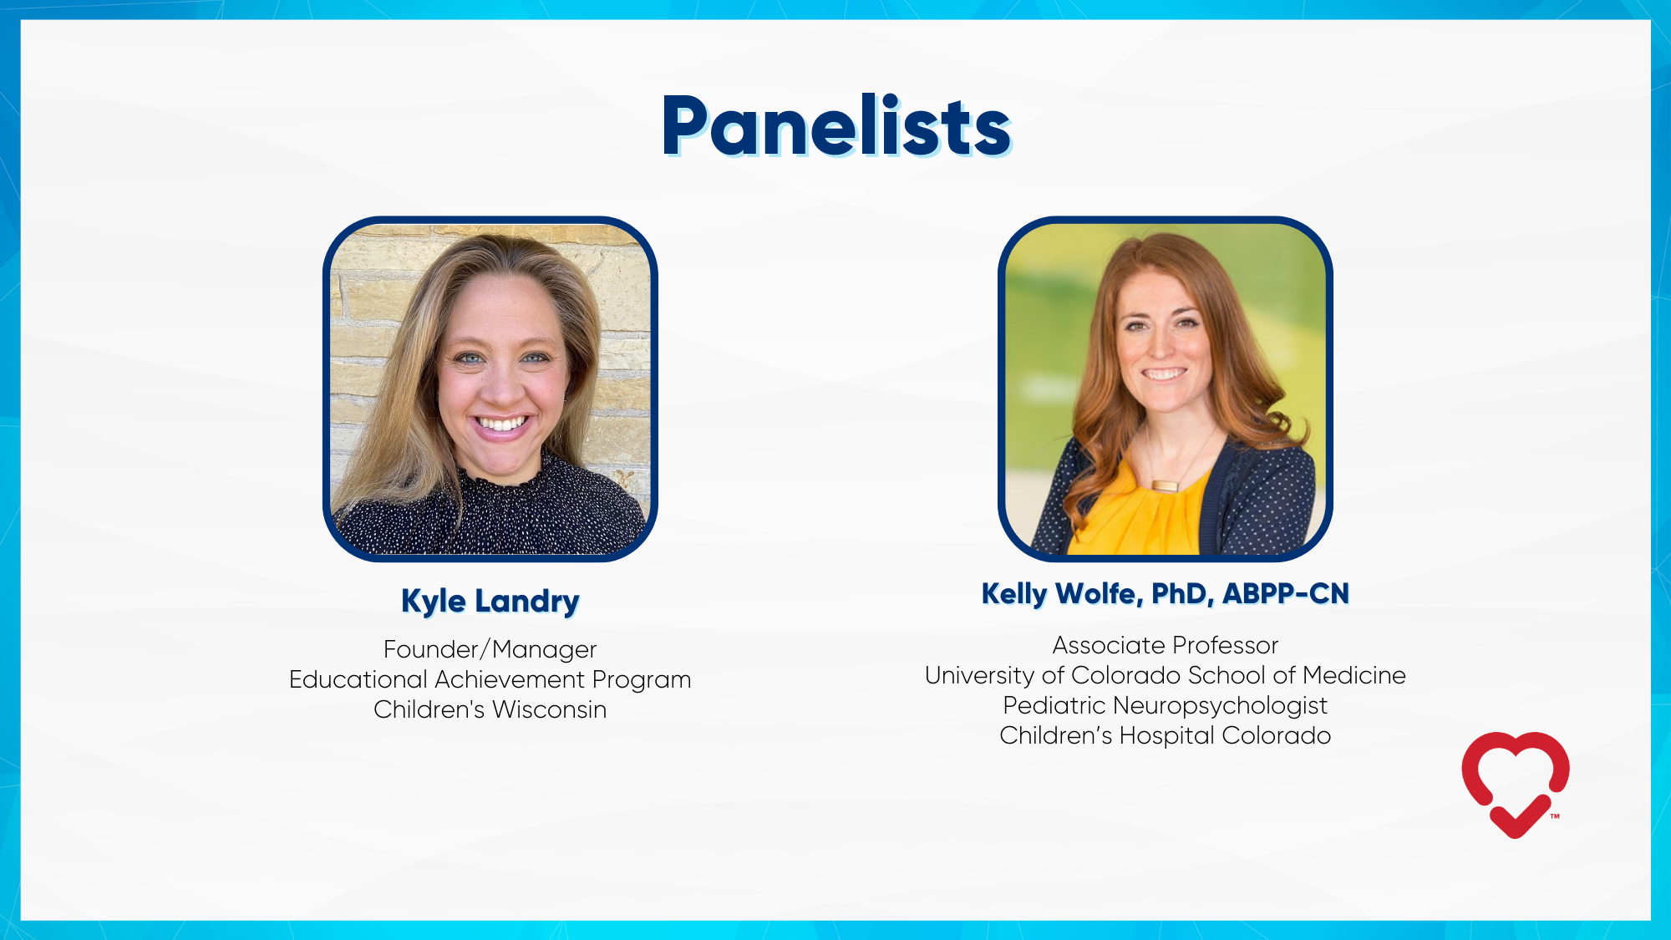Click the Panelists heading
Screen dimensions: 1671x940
coord(836,126)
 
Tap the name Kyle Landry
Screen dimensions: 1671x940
coord(490,601)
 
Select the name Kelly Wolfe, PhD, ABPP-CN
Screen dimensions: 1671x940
coord(1166,594)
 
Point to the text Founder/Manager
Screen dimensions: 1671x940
coord(490,649)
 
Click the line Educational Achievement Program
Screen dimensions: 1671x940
coord(490,679)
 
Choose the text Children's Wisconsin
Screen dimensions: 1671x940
coord(490,709)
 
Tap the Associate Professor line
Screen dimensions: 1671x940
coord(1165,645)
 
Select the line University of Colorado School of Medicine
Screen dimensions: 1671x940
coord(1165,675)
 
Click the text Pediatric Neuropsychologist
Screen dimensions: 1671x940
coord(1165,705)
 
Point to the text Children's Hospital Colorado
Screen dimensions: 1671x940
coord(1165,735)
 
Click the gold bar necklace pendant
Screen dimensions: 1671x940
coord(1165,485)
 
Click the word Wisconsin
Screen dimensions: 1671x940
coord(549,709)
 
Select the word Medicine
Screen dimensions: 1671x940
coord(1354,675)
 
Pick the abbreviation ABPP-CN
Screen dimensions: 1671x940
coord(1286,594)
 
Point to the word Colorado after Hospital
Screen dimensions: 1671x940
coord(1277,735)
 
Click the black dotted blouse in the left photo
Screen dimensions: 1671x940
coord(493,514)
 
